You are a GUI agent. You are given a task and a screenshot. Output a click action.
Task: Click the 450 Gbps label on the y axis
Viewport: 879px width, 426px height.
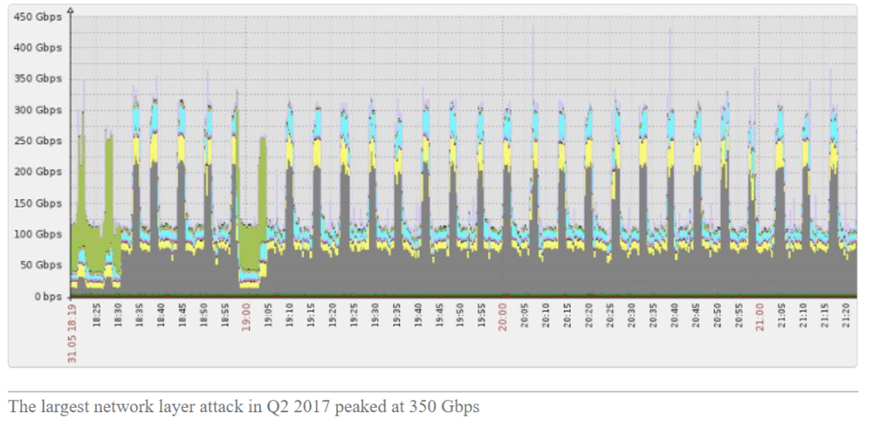pos(39,16)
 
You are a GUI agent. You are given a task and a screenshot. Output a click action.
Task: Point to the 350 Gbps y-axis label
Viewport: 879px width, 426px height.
pos(39,78)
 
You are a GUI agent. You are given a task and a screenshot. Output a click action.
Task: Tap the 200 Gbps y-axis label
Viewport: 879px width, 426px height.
pos(39,172)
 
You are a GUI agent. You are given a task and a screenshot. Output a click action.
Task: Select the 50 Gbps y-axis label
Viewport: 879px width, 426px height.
pos(41,265)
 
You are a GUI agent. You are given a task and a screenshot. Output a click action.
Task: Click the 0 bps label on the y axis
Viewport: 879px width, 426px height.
pos(47,296)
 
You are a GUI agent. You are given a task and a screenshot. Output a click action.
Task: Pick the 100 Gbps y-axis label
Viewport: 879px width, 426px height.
pos(39,234)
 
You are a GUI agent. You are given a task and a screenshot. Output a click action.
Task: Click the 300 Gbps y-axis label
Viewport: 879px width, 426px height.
pos(39,110)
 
